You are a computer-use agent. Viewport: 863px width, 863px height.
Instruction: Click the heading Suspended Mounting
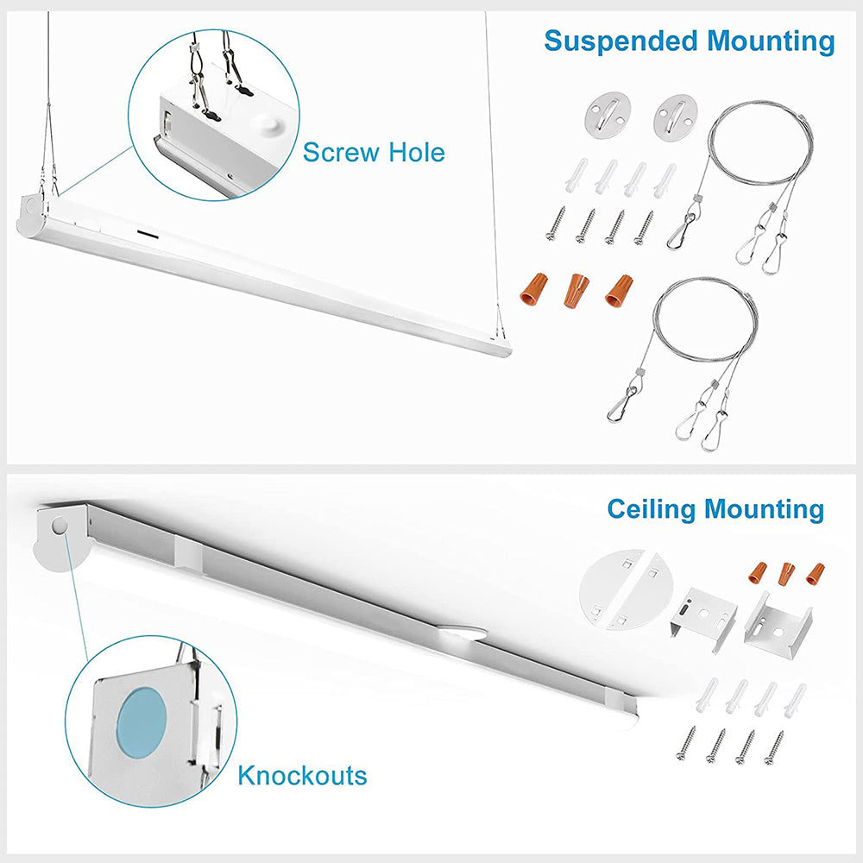(690, 41)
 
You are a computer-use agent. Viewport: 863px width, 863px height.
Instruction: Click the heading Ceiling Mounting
(715, 508)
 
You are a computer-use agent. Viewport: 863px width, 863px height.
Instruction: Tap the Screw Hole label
(374, 153)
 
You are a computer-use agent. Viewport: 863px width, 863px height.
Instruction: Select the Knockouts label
(302, 775)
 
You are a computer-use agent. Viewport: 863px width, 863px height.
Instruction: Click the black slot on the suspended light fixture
(148, 234)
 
